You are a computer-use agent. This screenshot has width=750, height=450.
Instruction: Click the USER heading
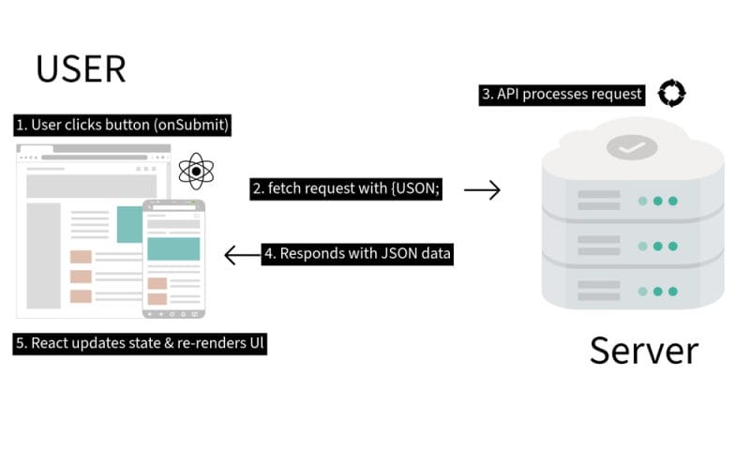(x=81, y=68)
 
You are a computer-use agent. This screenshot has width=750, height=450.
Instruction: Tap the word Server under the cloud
(x=643, y=350)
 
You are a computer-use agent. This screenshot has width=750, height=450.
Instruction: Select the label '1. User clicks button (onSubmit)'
(x=122, y=125)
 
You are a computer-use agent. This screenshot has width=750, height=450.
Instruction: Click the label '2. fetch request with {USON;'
(x=346, y=188)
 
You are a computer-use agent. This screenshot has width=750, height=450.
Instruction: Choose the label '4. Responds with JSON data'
(x=357, y=253)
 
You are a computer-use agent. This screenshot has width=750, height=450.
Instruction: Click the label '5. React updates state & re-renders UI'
(x=142, y=343)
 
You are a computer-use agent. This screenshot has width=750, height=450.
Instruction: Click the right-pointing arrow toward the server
(x=482, y=190)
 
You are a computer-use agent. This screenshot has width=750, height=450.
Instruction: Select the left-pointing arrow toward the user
(x=240, y=254)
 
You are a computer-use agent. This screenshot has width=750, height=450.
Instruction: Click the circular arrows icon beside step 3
(x=672, y=93)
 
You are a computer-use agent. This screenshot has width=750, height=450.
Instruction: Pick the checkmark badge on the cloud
(x=631, y=147)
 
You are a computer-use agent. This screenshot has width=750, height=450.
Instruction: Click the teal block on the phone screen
(x=172, y=248)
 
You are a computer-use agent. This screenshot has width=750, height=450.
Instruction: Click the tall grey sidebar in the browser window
(x=43, y=255)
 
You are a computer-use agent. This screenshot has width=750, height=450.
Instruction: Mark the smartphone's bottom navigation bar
(x=172, y=312)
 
